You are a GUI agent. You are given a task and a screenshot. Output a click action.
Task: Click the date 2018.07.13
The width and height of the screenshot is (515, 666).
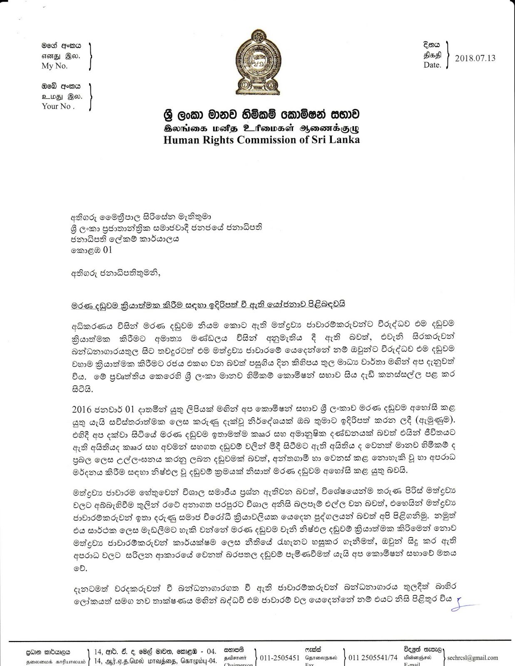pos(475,58)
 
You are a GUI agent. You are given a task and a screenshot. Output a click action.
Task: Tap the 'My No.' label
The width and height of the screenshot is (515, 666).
pos(54,66)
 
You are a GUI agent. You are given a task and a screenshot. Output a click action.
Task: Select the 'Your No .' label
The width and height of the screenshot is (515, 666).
pos(58,106)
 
